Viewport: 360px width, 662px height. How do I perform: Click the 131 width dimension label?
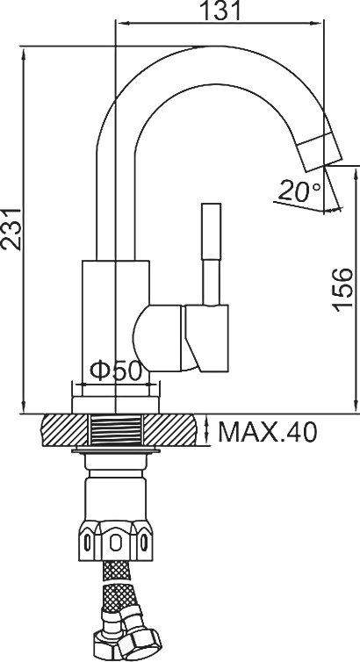[220, 11]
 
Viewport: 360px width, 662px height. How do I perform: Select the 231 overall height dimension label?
[11, 229]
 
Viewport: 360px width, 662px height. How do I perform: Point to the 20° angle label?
[299, 191]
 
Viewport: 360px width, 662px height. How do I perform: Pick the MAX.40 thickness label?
[267, 432]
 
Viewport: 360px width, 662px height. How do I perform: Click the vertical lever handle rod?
[211, 254]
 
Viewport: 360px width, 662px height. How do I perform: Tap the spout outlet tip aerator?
[318, 151]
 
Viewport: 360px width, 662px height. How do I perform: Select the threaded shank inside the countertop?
[115, 430]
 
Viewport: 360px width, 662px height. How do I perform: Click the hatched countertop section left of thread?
[64, 430]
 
